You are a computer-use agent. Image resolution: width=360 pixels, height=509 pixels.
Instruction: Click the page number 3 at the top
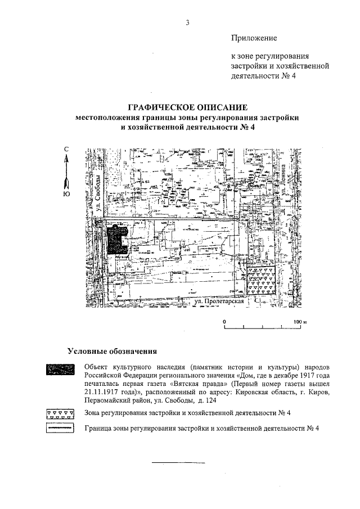[188, 22]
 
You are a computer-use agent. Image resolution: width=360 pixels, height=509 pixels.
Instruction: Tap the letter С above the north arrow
[66, 149]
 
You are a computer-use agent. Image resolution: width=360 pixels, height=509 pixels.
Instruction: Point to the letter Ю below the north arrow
[66, 195]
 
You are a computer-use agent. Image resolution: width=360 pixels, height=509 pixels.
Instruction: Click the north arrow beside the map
[66, 172]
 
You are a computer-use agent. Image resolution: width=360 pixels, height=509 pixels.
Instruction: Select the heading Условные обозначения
[111, 352]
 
